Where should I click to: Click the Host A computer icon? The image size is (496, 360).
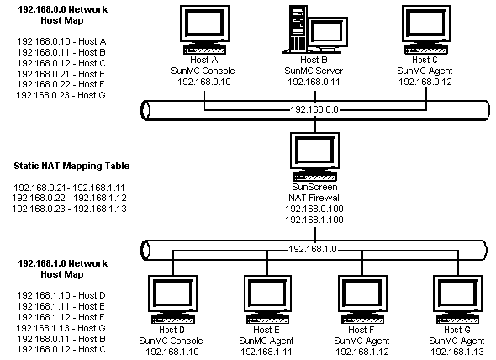click(204, 29)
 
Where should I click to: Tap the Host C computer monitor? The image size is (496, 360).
click(426, 24)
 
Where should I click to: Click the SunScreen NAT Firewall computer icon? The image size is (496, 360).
click(315, 156)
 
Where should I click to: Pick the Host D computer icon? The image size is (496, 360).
click(172, 299)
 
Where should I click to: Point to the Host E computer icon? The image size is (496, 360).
click(267, 299)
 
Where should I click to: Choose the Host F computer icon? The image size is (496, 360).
click(362, 299)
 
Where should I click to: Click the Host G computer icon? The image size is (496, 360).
click(457, 299)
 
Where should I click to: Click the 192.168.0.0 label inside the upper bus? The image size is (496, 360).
click(314, 110)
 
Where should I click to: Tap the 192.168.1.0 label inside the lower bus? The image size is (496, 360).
click(313, 250)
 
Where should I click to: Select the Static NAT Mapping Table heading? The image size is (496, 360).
click(71, 166)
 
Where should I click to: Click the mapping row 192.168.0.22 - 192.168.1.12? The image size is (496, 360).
click(69, 199)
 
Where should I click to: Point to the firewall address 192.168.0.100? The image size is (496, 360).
click(314, 209)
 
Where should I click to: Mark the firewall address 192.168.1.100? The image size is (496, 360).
click(314, 220)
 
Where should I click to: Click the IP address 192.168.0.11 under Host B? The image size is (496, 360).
click(314, 82)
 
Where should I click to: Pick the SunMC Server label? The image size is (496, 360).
click(314, 71)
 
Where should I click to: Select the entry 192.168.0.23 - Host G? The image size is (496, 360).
click(61, 95)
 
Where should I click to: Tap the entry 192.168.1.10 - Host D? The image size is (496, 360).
click(61, 295)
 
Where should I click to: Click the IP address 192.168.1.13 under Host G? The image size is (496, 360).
click(457, 352)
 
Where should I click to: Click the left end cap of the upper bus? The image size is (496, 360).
click(145, 110)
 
